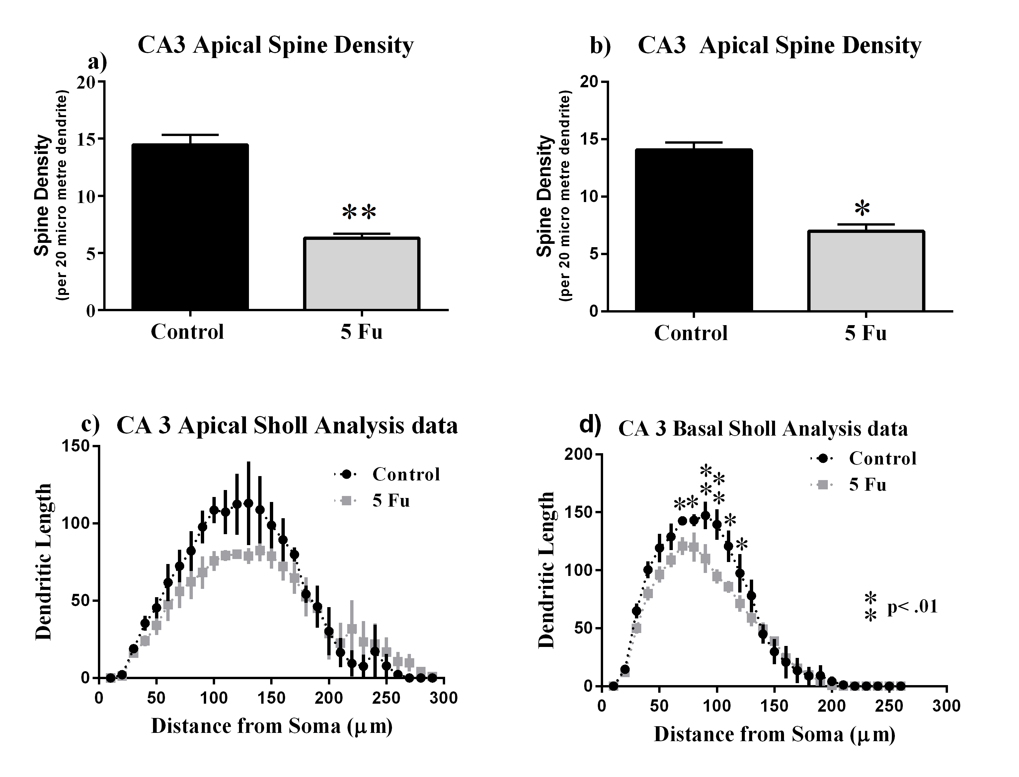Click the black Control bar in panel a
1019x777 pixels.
click(x=190, y=227)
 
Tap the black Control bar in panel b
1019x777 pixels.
click(x=694, y=230)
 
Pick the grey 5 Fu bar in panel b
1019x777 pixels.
click(x=866, y=271)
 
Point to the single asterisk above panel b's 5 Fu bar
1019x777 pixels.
click(x=862, y=209)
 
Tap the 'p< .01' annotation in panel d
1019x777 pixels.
click(x=912, y=606)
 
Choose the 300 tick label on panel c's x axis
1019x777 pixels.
click(x=443, y=698)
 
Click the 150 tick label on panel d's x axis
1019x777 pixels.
click(x=774, y=706)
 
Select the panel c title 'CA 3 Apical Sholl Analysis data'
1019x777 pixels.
click(x=287, y=426)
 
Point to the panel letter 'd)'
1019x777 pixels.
click(x=590, y=424)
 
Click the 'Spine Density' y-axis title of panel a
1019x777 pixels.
click(x=42, y=195)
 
